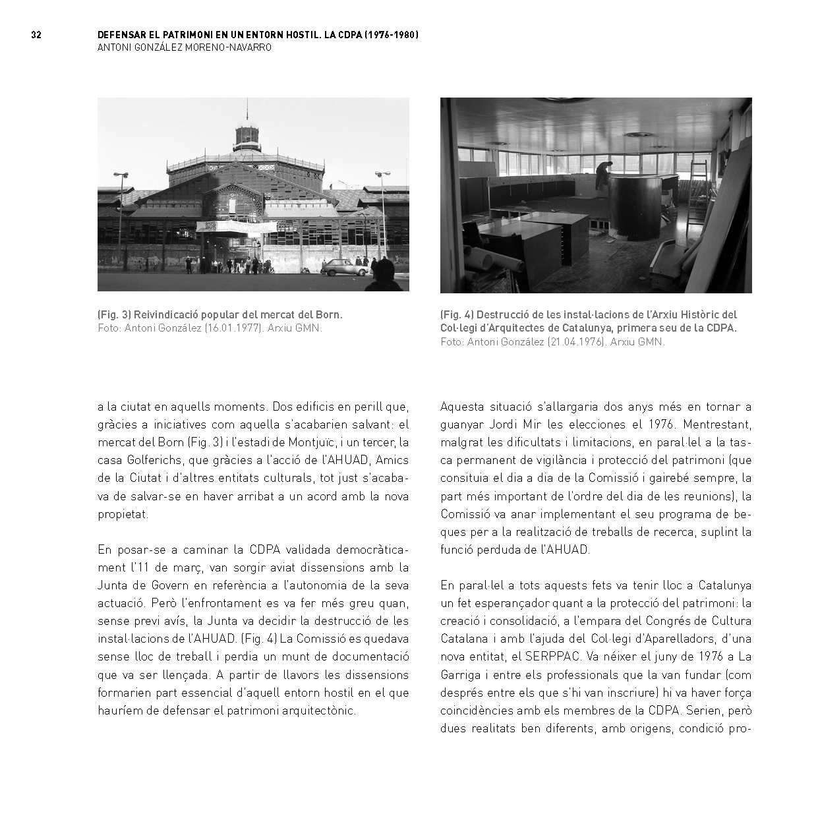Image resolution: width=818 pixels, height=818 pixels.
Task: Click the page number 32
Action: (36, 35)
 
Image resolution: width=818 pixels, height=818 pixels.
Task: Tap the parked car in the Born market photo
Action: (345, 267)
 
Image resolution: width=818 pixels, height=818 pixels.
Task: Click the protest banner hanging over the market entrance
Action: (236, 225)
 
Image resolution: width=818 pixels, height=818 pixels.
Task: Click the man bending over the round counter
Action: (603, 175)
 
